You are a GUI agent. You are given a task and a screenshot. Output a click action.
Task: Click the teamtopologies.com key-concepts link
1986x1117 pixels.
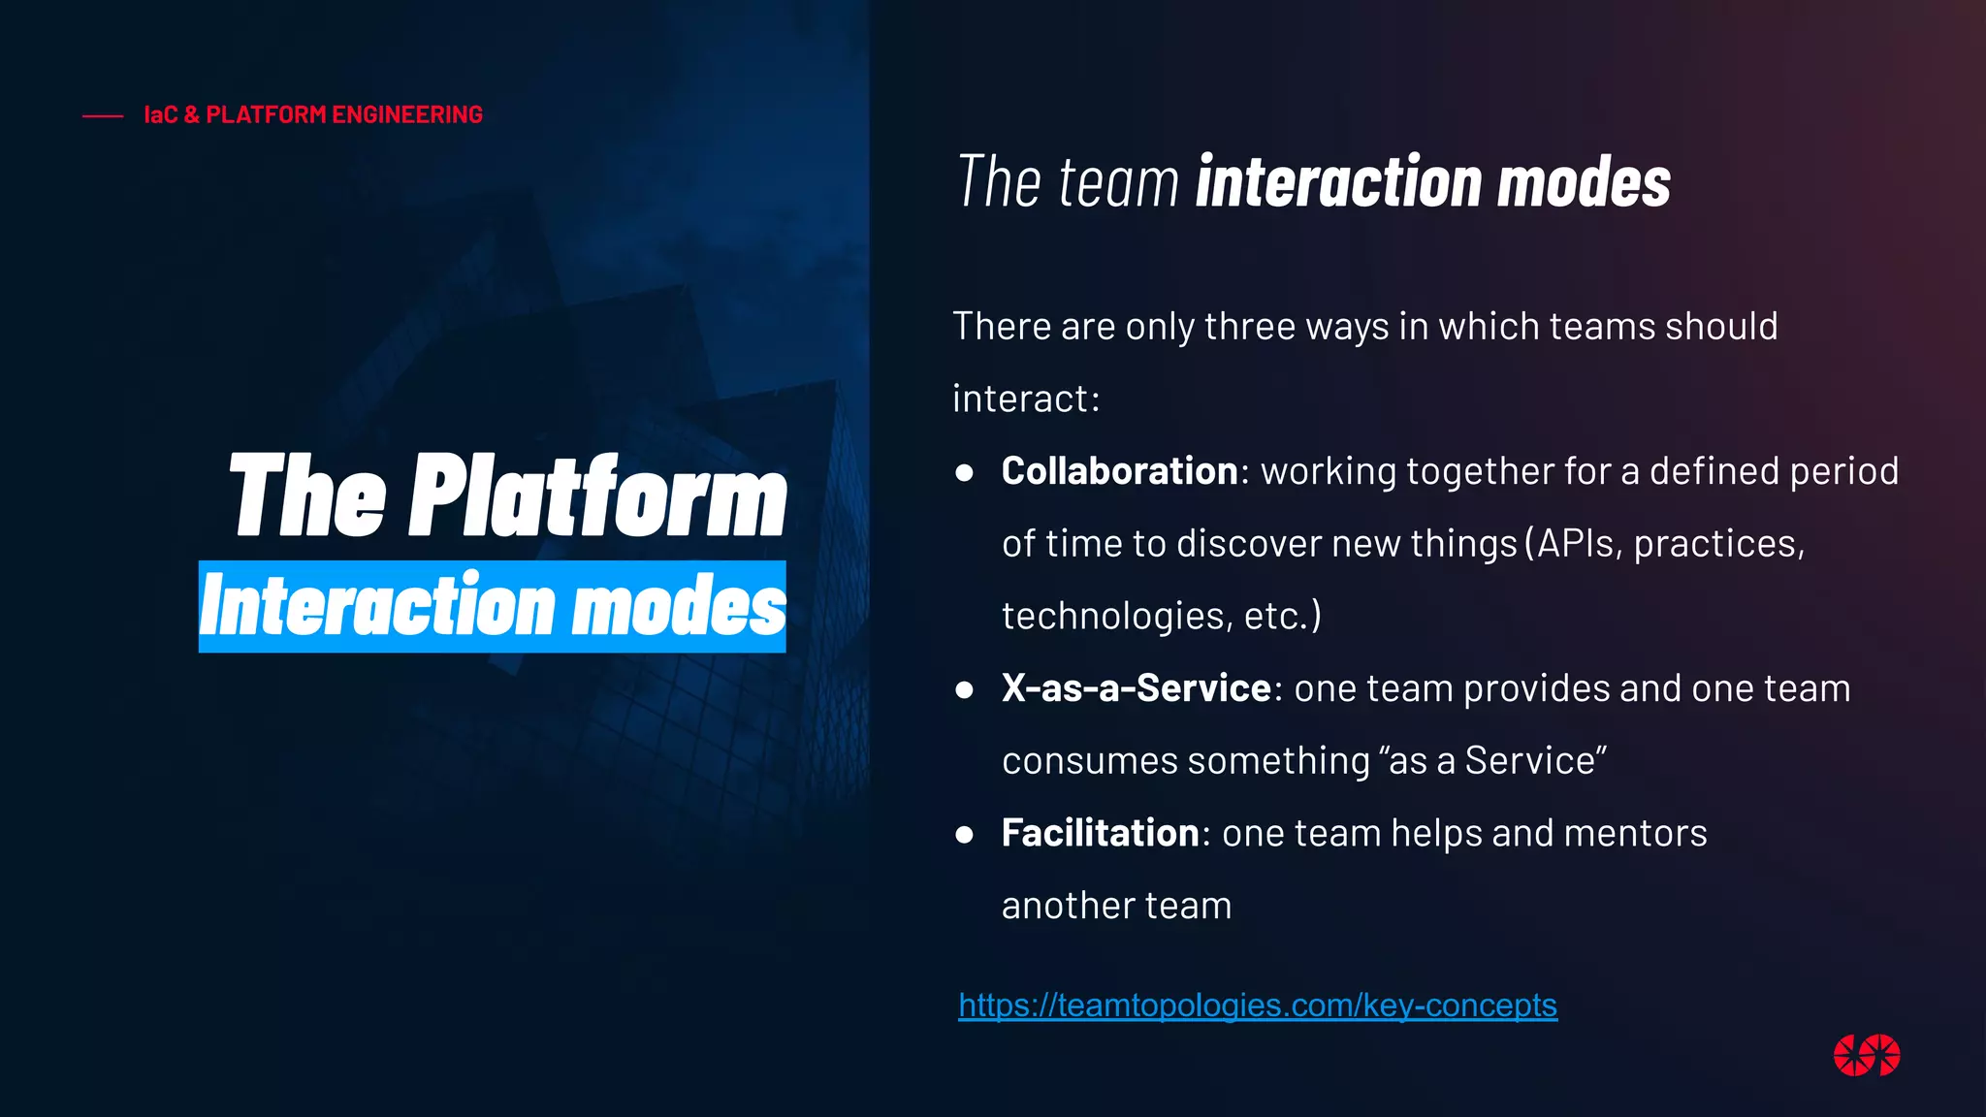[1257, 1005]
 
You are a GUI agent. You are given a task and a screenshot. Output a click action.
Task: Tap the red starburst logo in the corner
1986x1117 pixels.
[1866, 1055]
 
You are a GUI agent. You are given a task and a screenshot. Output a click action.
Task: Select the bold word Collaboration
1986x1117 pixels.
[1119, 471]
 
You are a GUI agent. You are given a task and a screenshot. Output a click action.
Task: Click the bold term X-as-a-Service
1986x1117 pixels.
[1136, 688]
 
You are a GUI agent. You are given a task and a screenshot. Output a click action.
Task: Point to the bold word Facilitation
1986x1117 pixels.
[1101, 833]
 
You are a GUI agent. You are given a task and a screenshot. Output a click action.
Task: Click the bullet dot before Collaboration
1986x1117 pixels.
[964, 473]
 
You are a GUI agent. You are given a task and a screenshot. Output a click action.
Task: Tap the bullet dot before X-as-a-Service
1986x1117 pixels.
[964, 690]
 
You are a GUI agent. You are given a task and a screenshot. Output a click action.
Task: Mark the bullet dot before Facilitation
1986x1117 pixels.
[964, 835]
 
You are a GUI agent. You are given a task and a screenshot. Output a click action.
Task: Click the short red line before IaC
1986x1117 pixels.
[103, 116]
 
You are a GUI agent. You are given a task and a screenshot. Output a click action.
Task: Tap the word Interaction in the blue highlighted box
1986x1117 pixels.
[376, 606]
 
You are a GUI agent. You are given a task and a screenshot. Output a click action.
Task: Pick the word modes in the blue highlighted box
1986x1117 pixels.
[679, 606]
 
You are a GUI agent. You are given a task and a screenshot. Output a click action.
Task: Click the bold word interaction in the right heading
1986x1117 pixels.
[1339, 182]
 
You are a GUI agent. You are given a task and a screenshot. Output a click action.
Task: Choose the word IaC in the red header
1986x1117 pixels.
[161, 114]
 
